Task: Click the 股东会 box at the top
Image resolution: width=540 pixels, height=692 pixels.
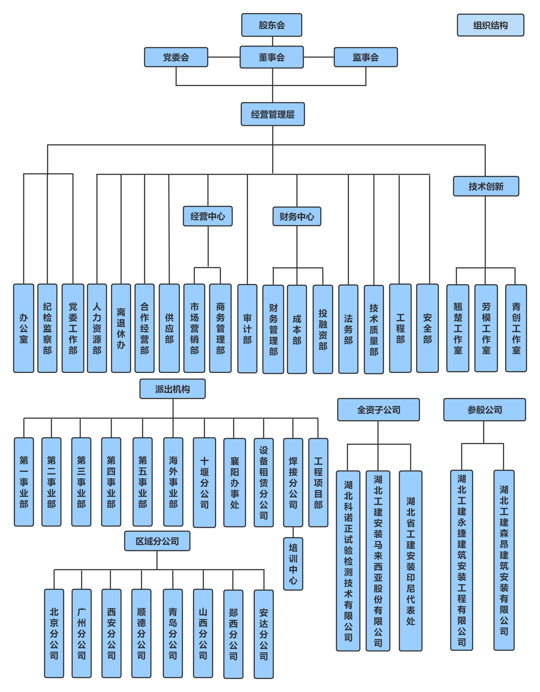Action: click(272, 25)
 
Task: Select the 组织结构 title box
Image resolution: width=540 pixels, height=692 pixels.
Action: click(490, 25)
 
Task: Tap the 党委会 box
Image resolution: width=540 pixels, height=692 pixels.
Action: click(176, 57)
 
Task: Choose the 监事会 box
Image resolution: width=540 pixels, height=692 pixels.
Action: click(366, 57)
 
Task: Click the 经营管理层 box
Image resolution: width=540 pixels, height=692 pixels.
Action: click(273, 114)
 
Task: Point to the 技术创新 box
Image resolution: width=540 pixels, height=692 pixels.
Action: click(486, 186)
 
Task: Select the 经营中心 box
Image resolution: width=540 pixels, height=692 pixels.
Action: click(208, 216)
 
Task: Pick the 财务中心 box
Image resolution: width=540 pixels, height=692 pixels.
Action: click(297, 216)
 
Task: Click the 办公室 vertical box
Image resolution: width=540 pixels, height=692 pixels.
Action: click(24, 328)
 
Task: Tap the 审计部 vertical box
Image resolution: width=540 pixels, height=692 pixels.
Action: click(247, 329)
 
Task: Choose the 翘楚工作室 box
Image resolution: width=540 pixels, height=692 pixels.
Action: click(458, 328)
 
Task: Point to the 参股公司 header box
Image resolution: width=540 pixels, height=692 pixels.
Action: click(485, 410)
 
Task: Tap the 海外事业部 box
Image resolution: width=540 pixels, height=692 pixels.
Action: click(173, 482)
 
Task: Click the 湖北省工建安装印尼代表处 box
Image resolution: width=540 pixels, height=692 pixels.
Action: click(411, 561)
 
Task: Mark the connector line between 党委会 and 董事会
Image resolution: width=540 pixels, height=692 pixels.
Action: click(224, 57)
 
